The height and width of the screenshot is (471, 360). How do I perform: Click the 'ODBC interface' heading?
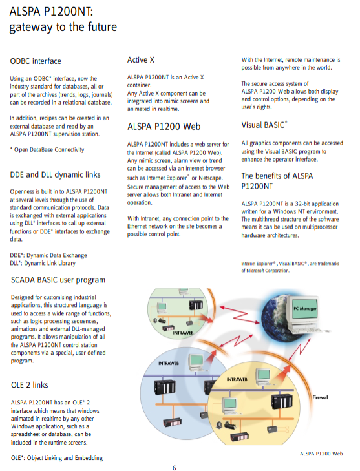pos(36,61)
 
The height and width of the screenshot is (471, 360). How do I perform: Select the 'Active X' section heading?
pos(141,60)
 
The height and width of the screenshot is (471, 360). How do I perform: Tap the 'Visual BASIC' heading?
pos(264,125)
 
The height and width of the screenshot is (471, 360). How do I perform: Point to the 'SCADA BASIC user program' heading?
pos(58,280)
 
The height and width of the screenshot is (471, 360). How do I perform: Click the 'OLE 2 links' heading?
pos(30,385)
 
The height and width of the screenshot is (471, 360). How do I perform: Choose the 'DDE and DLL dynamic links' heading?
pos(56,175)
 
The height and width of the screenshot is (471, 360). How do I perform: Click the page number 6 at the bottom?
pos(175,468)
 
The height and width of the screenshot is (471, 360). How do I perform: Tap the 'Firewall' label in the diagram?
pos(320,397)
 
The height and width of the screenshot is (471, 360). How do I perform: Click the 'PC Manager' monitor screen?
pos(305,309)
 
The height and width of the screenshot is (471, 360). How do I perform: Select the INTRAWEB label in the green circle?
pos(183,333)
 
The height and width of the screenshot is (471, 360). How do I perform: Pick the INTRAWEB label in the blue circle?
pos(169,364)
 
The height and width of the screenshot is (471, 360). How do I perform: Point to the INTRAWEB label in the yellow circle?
pos(237,380)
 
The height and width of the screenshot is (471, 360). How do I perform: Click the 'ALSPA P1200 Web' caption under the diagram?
pos(321,454)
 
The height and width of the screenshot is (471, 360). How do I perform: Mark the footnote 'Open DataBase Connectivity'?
pos(47,150)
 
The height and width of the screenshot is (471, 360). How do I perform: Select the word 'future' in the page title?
pos(100,27)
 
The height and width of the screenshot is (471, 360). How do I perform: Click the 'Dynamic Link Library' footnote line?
pos(43,263)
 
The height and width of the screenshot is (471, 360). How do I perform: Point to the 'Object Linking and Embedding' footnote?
pos(57,458)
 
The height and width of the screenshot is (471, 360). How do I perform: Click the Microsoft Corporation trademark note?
pos(290,267)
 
